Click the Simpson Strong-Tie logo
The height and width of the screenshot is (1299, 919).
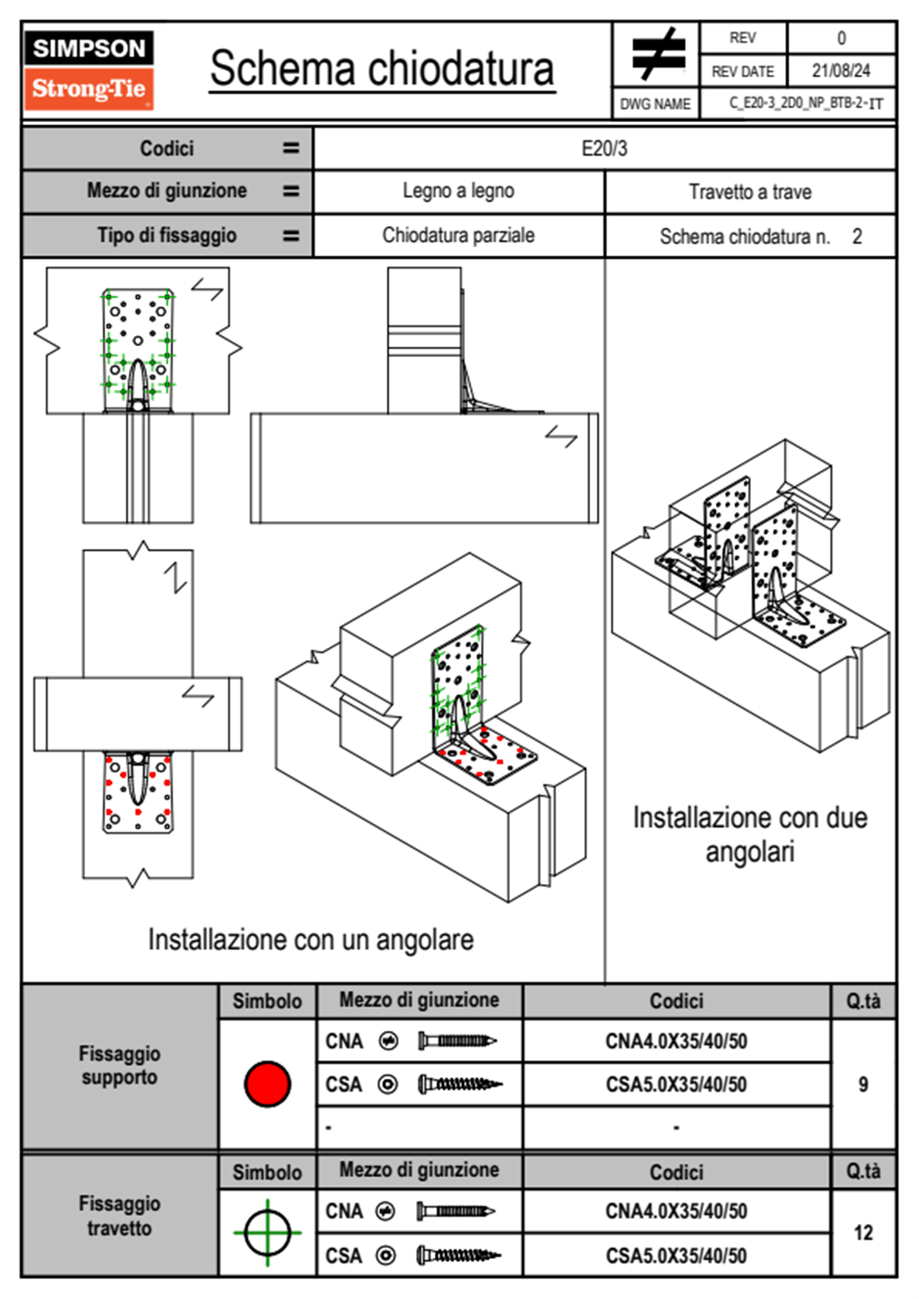[x=88, y=70]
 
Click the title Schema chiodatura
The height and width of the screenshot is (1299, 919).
[x=382, y=69]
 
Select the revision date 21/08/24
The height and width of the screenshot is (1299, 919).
[x=840, y=71]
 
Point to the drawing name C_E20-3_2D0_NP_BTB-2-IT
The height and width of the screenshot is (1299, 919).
[x=805, y=103]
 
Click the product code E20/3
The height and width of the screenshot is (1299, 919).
[x=604, y=148]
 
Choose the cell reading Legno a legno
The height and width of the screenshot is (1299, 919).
[x=458, y=191]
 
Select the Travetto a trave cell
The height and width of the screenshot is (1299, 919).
[x=749, y=192]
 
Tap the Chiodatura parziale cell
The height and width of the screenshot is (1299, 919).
[x=458, y=236]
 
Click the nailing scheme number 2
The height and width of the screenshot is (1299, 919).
[x=856, y=236]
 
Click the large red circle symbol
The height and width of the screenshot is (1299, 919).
[x=267, y=1084]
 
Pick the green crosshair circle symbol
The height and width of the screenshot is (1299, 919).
[x=267, y=1233]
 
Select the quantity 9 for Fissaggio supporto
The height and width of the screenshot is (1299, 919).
[x=863, y=1084]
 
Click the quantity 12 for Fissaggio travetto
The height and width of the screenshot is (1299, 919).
[x=863, y=1233]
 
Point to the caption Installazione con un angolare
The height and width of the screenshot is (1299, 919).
[x=310, y=940]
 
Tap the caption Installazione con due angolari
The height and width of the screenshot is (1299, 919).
[x=749, y=834]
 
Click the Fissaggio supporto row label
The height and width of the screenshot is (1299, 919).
[x=120, y=1066]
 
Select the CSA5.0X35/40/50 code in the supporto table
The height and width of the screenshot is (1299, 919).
[x=676, y=1085]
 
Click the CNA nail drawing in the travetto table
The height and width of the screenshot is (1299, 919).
[x=456, y=1211]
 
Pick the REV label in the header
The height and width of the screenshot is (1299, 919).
[x=742, y=38]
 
